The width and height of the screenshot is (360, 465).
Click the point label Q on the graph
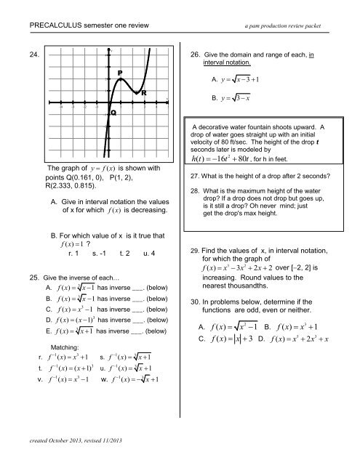113,113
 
